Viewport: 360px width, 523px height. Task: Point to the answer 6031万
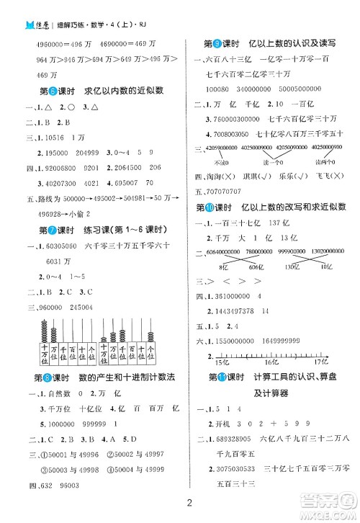pyautogui.click(x=58, y=261)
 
